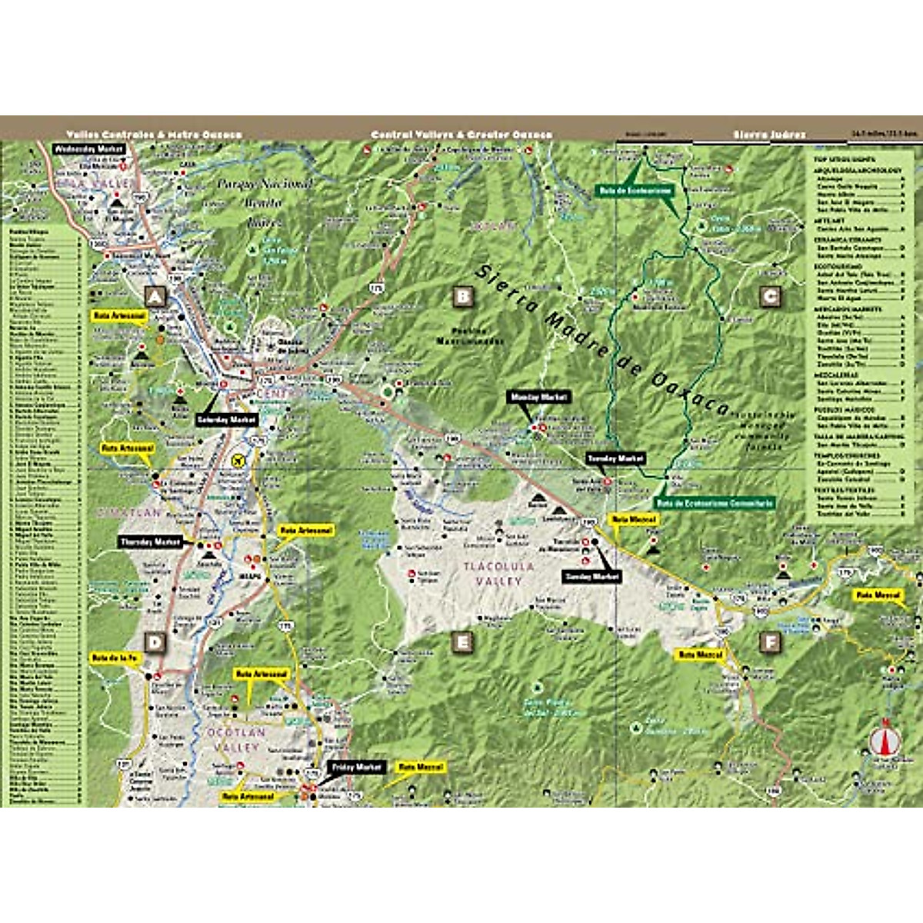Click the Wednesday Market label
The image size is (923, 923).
[88, 148]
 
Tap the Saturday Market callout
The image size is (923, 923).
[226, 421]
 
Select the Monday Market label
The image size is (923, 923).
[538, 397]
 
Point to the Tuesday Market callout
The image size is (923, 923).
[615, 458]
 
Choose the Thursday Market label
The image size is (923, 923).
[150, 541]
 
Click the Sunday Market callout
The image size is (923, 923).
[591, 576]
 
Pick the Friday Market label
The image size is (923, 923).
[357, 768]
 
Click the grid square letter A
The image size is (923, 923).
[156, 297]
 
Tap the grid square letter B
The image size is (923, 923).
[462, 297]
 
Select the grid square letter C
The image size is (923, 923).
[770, 297]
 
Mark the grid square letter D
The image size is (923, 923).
[156, 642]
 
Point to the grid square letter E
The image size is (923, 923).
[462, 642]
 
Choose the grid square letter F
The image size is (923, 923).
[770, 642]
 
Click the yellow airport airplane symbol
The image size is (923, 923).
[238, 461]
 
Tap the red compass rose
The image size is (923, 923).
[885, 740]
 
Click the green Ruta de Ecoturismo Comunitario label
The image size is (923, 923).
[715, 503]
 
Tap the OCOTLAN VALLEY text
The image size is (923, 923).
[237, 739]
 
